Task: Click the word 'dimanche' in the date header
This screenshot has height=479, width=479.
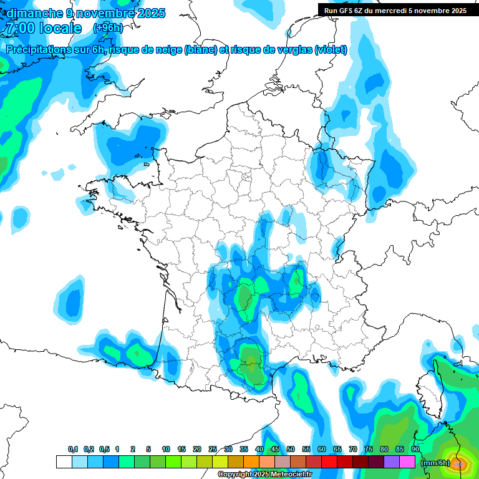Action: (x=34, y=13)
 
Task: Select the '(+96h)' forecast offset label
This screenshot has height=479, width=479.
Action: (x=108, y=28)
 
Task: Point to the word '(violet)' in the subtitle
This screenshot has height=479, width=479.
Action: (x=331, y=50)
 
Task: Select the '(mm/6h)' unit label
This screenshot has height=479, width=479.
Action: (x=435, y=462)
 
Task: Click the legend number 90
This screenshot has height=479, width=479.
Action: (x=415, y=449)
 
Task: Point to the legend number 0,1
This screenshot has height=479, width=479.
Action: (x=73, y=449)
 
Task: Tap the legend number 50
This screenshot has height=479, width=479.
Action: (x=291, y=449)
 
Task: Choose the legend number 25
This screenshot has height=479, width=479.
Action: (x=213, y=449)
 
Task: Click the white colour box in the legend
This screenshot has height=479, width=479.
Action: (x=64, y=462)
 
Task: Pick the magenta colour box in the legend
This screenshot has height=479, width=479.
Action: (x=407, y=462)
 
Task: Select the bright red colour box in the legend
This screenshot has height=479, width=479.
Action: (x=329, y=462)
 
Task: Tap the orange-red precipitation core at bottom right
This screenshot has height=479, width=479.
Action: (x=459, y=463)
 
